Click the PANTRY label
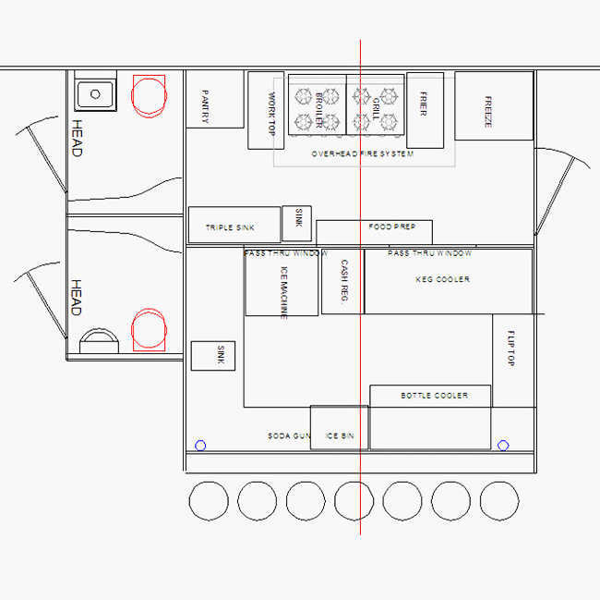pyautogui.click(x=205, y=106)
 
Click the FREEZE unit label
pyautogui.click(x=488, y=112)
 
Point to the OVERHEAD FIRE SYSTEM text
pyautogui.click(x=363, y=154)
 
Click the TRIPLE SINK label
pyautogui.click(x=230, y=227)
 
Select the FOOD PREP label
pyautogui.click(x=391, y=227)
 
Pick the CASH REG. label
pyautogui.click(x=344, y=282)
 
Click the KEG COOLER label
pyautogui.click(x=443, y=279)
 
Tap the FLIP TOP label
pyautogui.click(x=510, y=349)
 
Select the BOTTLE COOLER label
pyautogui.click(x=435, y=396)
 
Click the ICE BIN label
pyautogui.click(x=340, y=436)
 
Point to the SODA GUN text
pyautogui.click(x=289, y=436)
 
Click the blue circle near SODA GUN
pyautogui.click(x=200, y=446)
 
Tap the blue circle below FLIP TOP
pyautogui.click(x=503, y=446)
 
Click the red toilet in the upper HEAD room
pyautogui.click(x=149, y=96)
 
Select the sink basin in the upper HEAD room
pyautogui.click(x=95, y=94)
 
